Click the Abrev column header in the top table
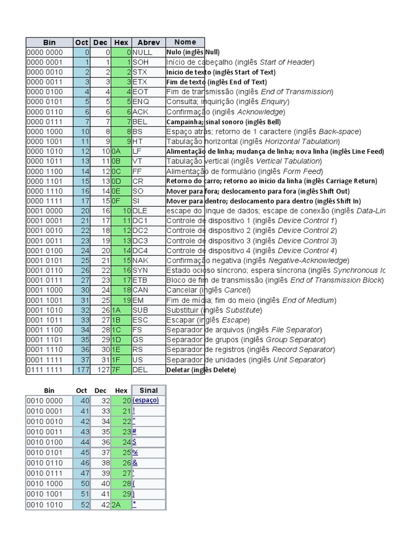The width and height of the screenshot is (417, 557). [148, 42]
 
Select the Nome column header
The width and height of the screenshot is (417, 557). [185, 42]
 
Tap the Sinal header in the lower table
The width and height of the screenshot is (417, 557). [148, 390]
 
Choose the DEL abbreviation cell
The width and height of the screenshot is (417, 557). [140, 370]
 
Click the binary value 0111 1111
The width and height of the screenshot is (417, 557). [45, 370]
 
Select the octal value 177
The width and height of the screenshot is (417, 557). [82, 370]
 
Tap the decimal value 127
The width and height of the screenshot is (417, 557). [102, 370]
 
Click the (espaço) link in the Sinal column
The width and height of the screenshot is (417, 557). [146, 400]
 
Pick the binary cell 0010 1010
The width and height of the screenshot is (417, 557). [45, 505]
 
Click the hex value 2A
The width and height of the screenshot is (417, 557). [117, 505]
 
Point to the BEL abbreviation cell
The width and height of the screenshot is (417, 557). [140, 122]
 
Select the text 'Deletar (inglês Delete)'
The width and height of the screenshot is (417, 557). [201, 370]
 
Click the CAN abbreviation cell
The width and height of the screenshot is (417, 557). [141, 290]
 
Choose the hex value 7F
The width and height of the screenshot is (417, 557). [116, 370]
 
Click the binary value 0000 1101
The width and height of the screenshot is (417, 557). [45, 181]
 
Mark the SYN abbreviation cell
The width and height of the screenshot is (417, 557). [141, 270]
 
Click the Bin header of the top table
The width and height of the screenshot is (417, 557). [49, 42]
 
